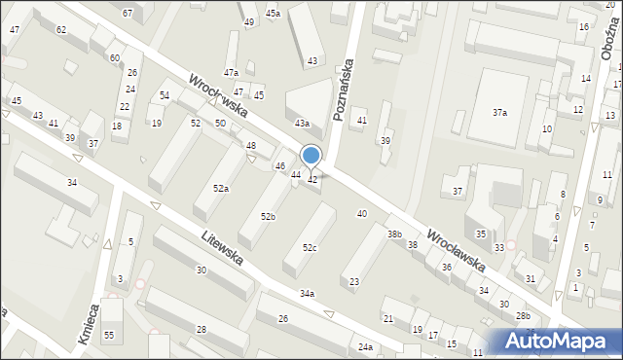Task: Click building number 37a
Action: click(x=499, y=113)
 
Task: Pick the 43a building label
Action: click(x=302, y=124)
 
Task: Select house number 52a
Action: click(x=221, y=188)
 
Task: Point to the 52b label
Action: click(x=267, y=216)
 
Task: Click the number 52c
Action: click(x=309, y=248)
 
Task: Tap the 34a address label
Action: click(x=307, y=293)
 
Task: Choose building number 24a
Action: click(x=364, y=347)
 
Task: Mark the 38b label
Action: click(x=394, y=234)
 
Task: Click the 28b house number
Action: click(x=524, y=316)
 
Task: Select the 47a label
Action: click(x=231, y=73)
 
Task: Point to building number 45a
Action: click(x=273, y=13)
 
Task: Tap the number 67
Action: click(x=128, y=13)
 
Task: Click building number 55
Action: click(x=110, y=336)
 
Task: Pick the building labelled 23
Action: click(x=354, y=282)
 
